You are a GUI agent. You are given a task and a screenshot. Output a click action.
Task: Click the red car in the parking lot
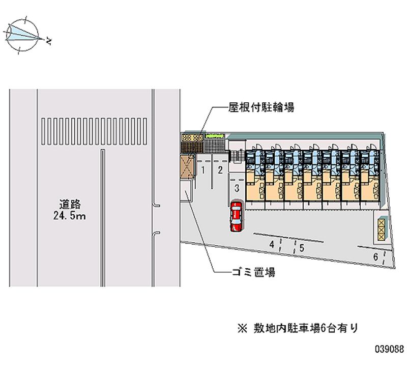point(237,216)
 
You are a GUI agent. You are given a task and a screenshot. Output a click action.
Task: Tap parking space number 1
point(203,170)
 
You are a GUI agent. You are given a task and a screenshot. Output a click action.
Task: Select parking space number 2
point(220,170)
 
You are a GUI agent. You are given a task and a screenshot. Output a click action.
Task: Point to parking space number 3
point(237,188)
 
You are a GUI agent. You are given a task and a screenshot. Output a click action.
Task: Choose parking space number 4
point(273,245)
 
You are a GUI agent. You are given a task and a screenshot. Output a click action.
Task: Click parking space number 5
point(302,248)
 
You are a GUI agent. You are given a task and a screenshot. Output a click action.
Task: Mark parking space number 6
point(375,257)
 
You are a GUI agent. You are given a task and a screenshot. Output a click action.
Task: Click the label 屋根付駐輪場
point(261,107)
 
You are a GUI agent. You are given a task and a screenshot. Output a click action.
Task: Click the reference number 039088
point(389,350)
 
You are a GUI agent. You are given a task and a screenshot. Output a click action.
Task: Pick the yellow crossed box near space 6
point(382,229)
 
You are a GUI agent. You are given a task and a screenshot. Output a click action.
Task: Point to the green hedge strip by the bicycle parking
point(215,136)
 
